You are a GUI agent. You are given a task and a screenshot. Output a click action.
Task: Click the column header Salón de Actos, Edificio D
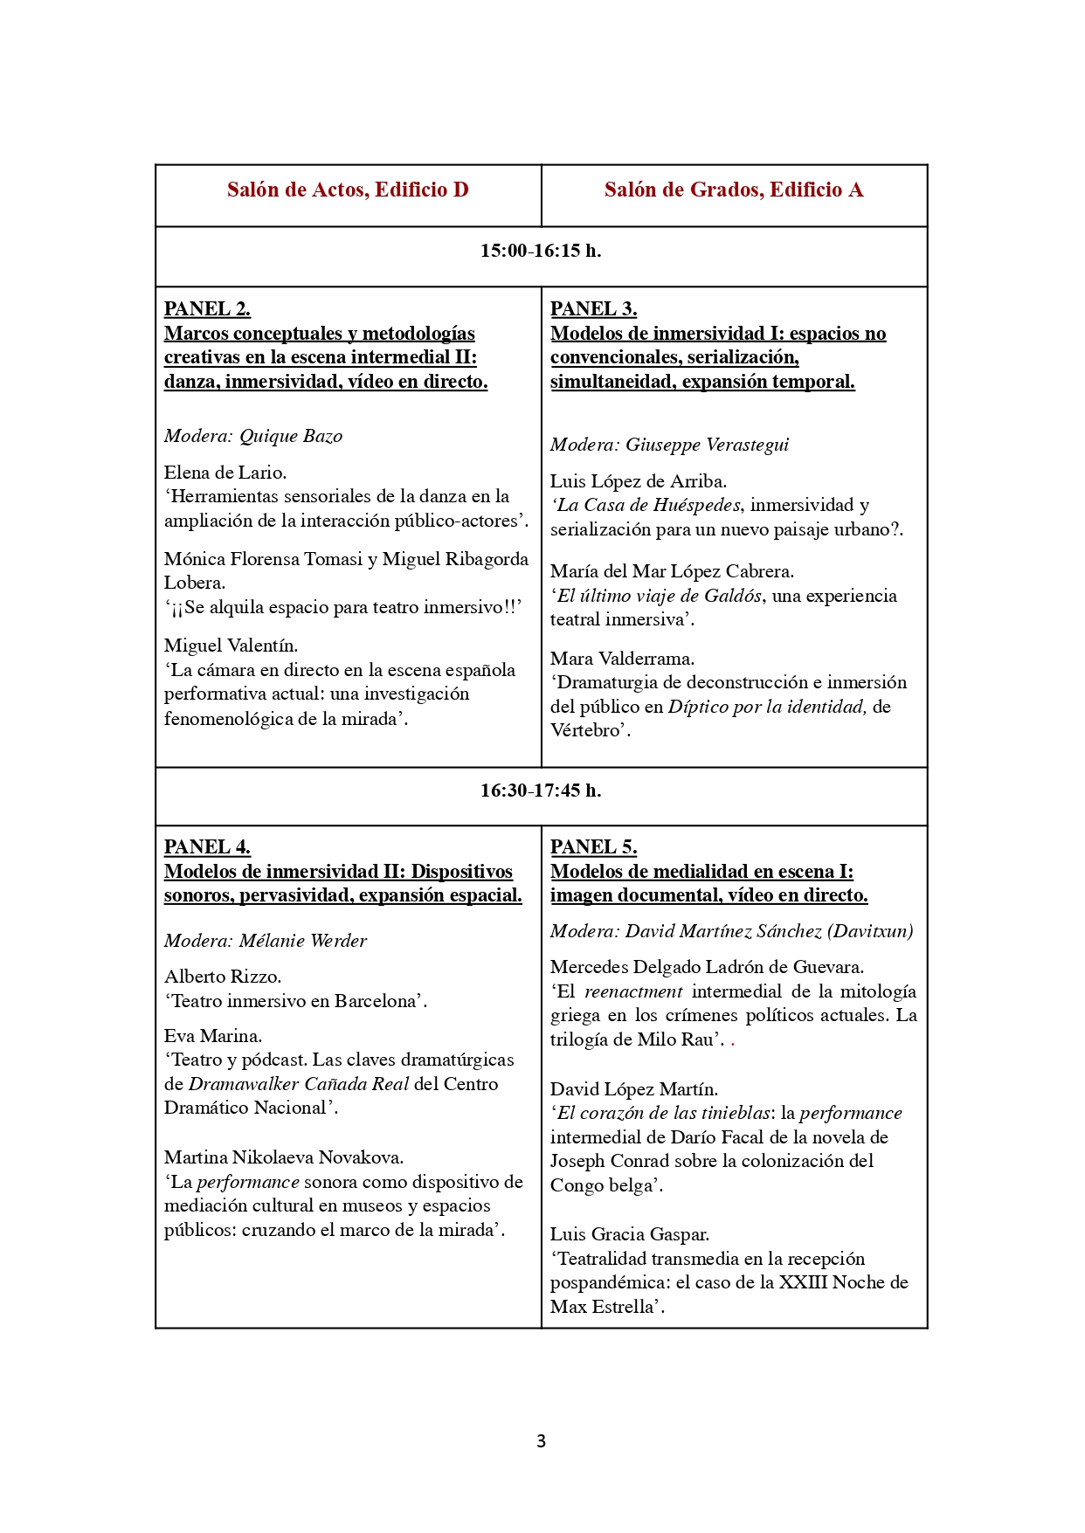(x=348, y=190)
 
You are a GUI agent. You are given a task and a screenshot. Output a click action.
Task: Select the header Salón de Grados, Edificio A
(x=734, y=190)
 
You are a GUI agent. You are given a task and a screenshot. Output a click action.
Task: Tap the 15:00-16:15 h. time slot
(x=541, y=251)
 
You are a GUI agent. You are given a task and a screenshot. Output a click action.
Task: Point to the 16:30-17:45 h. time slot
(x=541, y=791)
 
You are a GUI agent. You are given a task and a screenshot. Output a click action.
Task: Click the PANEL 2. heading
(x=207, y=309)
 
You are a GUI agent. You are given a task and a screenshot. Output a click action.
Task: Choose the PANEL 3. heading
(x=593, y=309)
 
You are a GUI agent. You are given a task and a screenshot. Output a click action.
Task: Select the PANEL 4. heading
(x=207, y=847)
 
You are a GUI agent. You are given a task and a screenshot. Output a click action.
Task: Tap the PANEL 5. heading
(x=593, y=847)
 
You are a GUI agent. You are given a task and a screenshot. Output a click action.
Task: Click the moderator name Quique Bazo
(x=291, y=436)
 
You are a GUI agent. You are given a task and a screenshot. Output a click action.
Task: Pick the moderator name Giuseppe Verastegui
(x=707, y=445)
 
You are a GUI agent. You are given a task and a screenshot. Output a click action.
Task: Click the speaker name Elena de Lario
(x=225, y=473)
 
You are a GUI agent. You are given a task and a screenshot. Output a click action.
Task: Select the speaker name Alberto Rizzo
(x=223, y=977)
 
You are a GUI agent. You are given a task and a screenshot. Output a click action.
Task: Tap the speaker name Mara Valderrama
(x=622, y=659)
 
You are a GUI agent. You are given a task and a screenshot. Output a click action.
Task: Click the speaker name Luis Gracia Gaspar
(x=629, y=1234)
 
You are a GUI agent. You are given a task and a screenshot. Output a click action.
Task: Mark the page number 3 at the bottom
(x=541, y=1441)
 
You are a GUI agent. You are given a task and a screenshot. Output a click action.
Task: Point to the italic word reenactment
(x=633, y=991)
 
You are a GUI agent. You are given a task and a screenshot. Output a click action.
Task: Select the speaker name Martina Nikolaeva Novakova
(x=284, y=1157)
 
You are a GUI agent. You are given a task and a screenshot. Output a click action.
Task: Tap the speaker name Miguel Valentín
(x=231, y=646)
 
